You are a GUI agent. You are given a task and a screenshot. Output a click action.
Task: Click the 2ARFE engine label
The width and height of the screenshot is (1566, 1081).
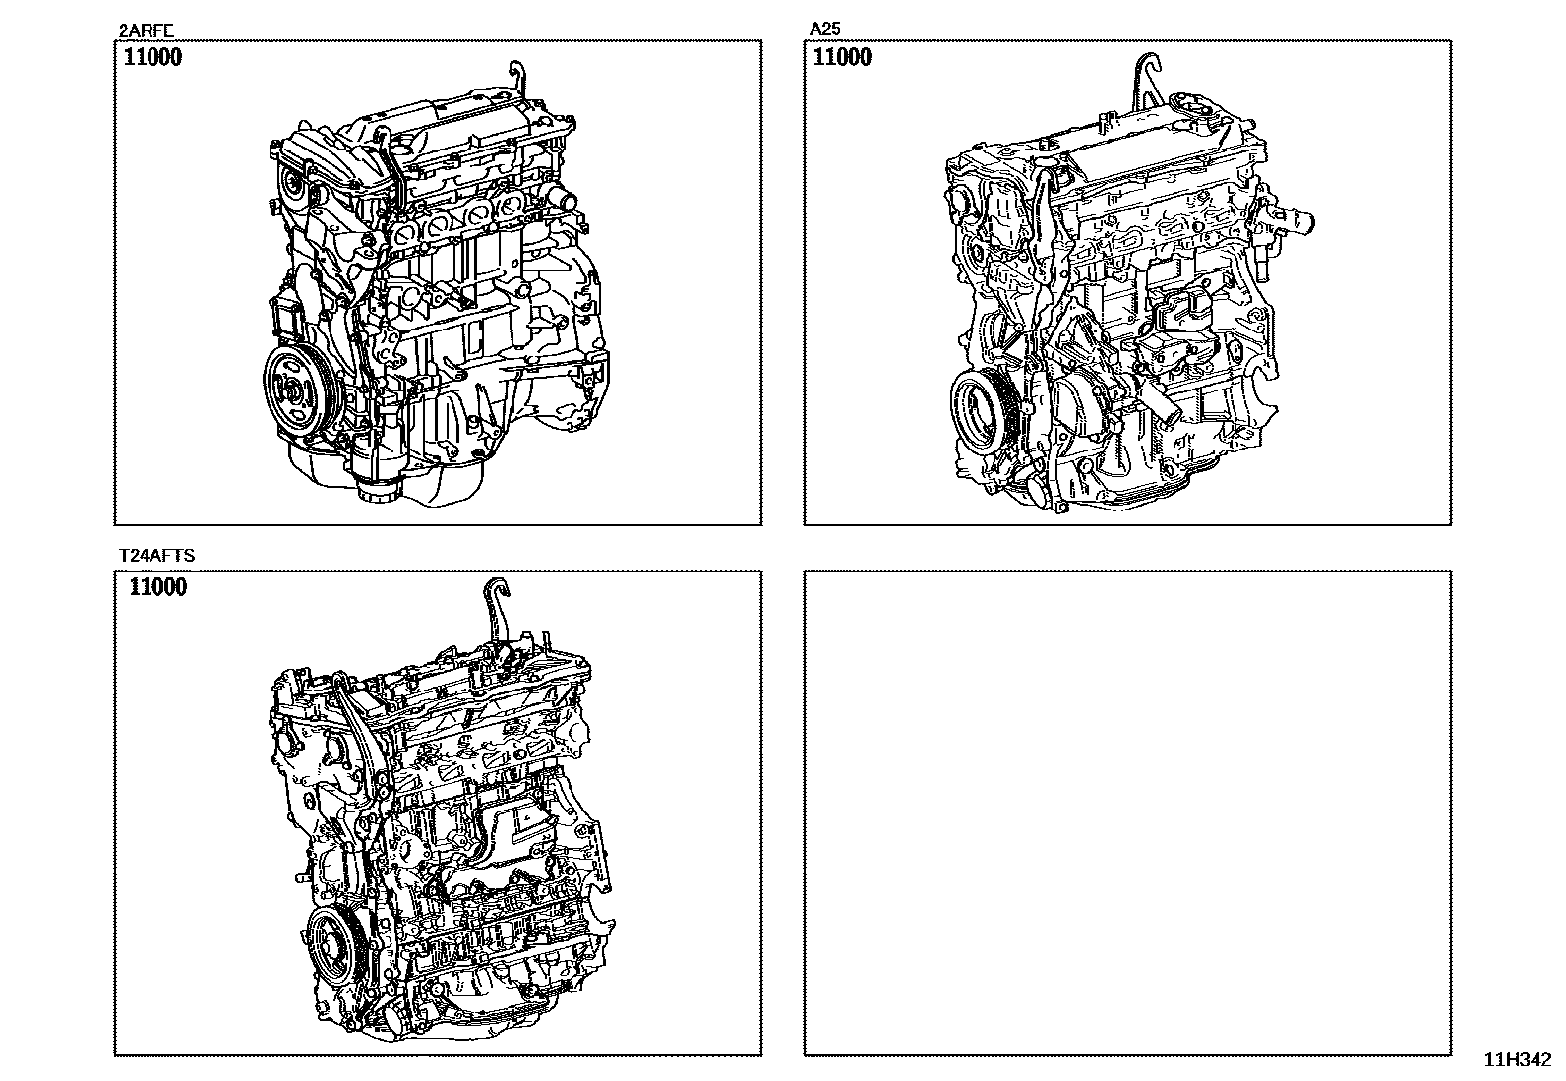point(147,30)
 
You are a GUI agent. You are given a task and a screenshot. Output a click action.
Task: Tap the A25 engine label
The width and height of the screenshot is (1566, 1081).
point(825,29)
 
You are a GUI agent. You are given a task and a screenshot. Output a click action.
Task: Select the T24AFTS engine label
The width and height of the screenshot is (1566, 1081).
point(156,555)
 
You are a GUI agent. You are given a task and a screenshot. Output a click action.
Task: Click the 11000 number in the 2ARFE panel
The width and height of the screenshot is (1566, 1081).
point(152,57)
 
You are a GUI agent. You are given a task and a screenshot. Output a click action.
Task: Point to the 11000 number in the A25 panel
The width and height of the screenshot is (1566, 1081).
point(842,57)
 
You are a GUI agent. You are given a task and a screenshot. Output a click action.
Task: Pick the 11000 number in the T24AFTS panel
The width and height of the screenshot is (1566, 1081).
point(158,587)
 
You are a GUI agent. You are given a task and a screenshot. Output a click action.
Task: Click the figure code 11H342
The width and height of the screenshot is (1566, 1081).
point(1518,1060)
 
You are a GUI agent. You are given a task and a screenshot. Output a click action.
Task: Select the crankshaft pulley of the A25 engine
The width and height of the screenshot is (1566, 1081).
point(985,405)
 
